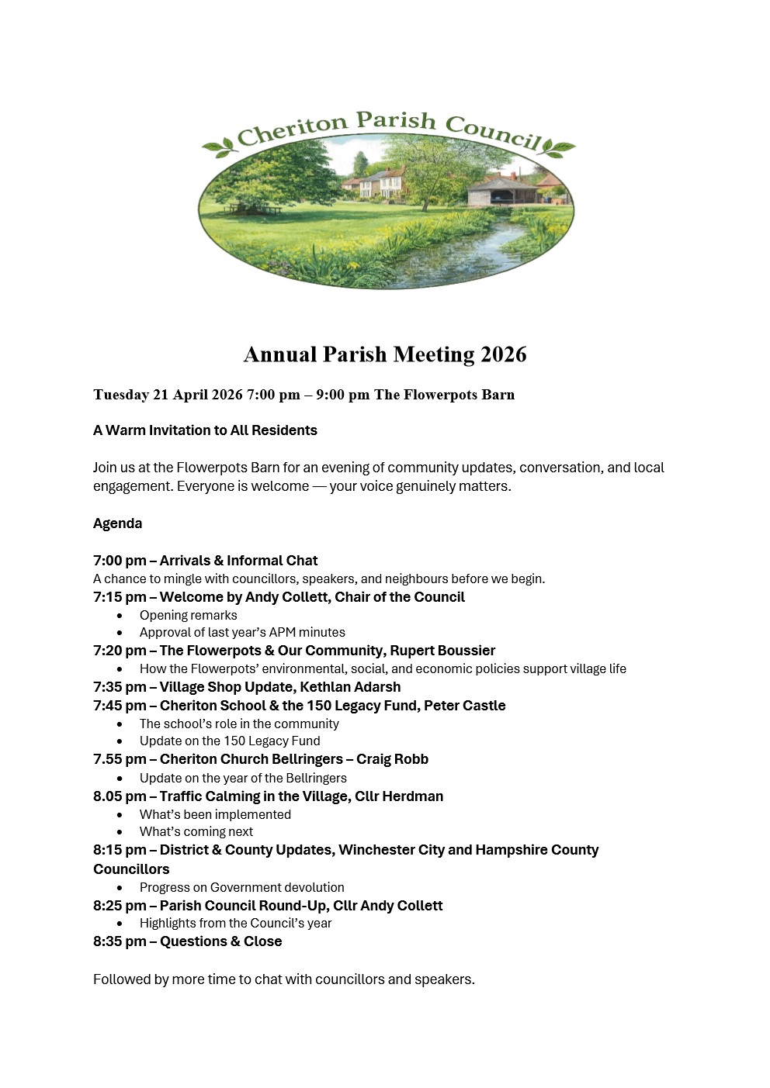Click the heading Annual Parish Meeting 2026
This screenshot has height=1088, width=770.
pyautogui.click(x=385, y=354)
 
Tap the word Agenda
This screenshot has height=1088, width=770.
pyautogui.click(x=117, y=523)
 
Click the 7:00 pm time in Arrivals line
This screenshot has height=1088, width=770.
pyautogui.click(x=120, y=561)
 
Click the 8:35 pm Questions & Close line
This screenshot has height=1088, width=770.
pyautogui.click(x=187, y=941)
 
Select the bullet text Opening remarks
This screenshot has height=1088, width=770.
pyautogui.click(x=189, y=615)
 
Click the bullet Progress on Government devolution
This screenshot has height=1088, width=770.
pyautogui.click(x=241, y=887)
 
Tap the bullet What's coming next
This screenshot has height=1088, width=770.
pyautogui.click(x=196, y=831)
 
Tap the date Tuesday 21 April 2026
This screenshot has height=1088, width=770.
pyautogui.click(x=168, y=395)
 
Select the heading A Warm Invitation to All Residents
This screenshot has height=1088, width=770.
pyautogui.click(x=205, y=430)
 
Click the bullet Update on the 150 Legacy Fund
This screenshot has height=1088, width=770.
pyautogui.click(x=230, y=741)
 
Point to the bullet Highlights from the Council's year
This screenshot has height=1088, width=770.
pyautogui.click(x=235, y=923)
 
